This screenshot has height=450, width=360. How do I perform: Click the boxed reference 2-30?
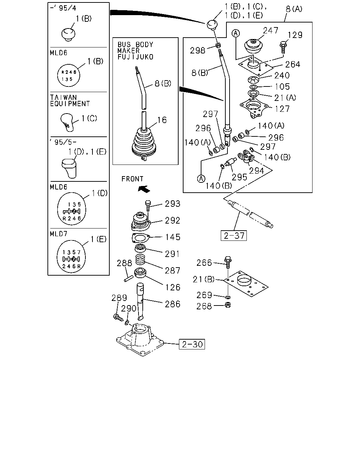[x=192, y=344]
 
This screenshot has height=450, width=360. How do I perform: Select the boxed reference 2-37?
[x=234, y=236]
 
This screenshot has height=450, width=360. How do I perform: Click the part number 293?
[x=173, y=204]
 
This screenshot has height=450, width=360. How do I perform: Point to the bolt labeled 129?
[x=283, y=47]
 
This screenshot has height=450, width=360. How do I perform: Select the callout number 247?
[x=270, y=31]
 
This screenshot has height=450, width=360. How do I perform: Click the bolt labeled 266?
[x=228, y=262]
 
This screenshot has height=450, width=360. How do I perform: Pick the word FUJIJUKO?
[x=135, y=57]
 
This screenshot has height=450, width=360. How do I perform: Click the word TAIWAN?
[x=63, y=97]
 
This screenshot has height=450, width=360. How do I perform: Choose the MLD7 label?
[x=59, y=234]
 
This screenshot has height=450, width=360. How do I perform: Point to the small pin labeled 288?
[x=129, y=279]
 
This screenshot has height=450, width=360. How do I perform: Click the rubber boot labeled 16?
[x=144, y=143]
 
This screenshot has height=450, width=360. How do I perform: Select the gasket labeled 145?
[x=141, y=238]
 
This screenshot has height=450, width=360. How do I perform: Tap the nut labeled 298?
[x=218, y=45]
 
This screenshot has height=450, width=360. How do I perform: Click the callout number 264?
[x=292, y=64]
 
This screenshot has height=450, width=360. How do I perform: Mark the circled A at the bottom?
[x=201, y=179]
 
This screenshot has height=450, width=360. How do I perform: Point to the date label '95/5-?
[x=63, y=142]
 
